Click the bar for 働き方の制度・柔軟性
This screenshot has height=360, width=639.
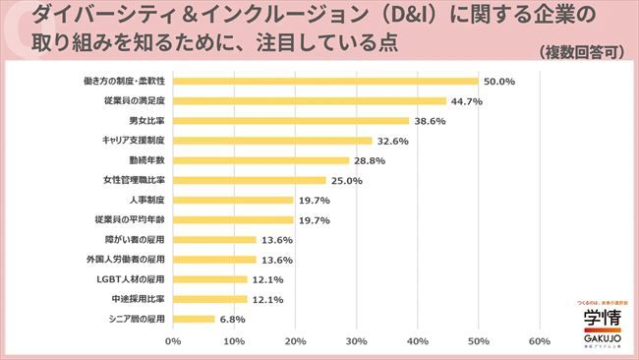[x=325, y=81]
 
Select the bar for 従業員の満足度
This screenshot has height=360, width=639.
[x=310, y=100]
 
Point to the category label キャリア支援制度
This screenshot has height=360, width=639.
[x=133, y=141]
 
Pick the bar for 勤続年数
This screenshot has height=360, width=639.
[x=261, y=160]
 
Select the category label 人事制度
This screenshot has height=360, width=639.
[x=145, y=200]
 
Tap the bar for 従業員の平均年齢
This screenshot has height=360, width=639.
[x=233, y=220]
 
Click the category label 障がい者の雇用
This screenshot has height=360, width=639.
[x=136, y=240]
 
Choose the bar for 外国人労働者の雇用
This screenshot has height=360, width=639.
[x=214, y=260]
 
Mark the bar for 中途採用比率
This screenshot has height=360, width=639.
[x=209, y=299]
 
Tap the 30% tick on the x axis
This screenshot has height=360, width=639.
[x=356, y=341]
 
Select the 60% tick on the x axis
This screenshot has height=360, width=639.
[x=539, y=341]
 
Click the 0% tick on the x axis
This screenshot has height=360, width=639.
[x=173, y=341]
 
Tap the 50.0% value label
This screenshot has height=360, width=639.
[x=498, y=82]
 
